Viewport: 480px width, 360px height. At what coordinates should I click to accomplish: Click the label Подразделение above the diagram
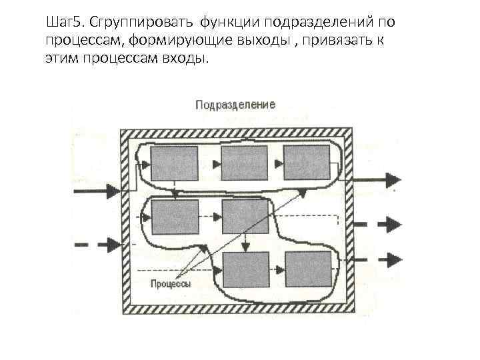(235, 105)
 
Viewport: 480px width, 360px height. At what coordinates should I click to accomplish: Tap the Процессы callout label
(170, 283)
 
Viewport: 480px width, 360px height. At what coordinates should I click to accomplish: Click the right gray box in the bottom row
(308, 269)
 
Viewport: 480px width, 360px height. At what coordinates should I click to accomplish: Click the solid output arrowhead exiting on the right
(393, 179)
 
